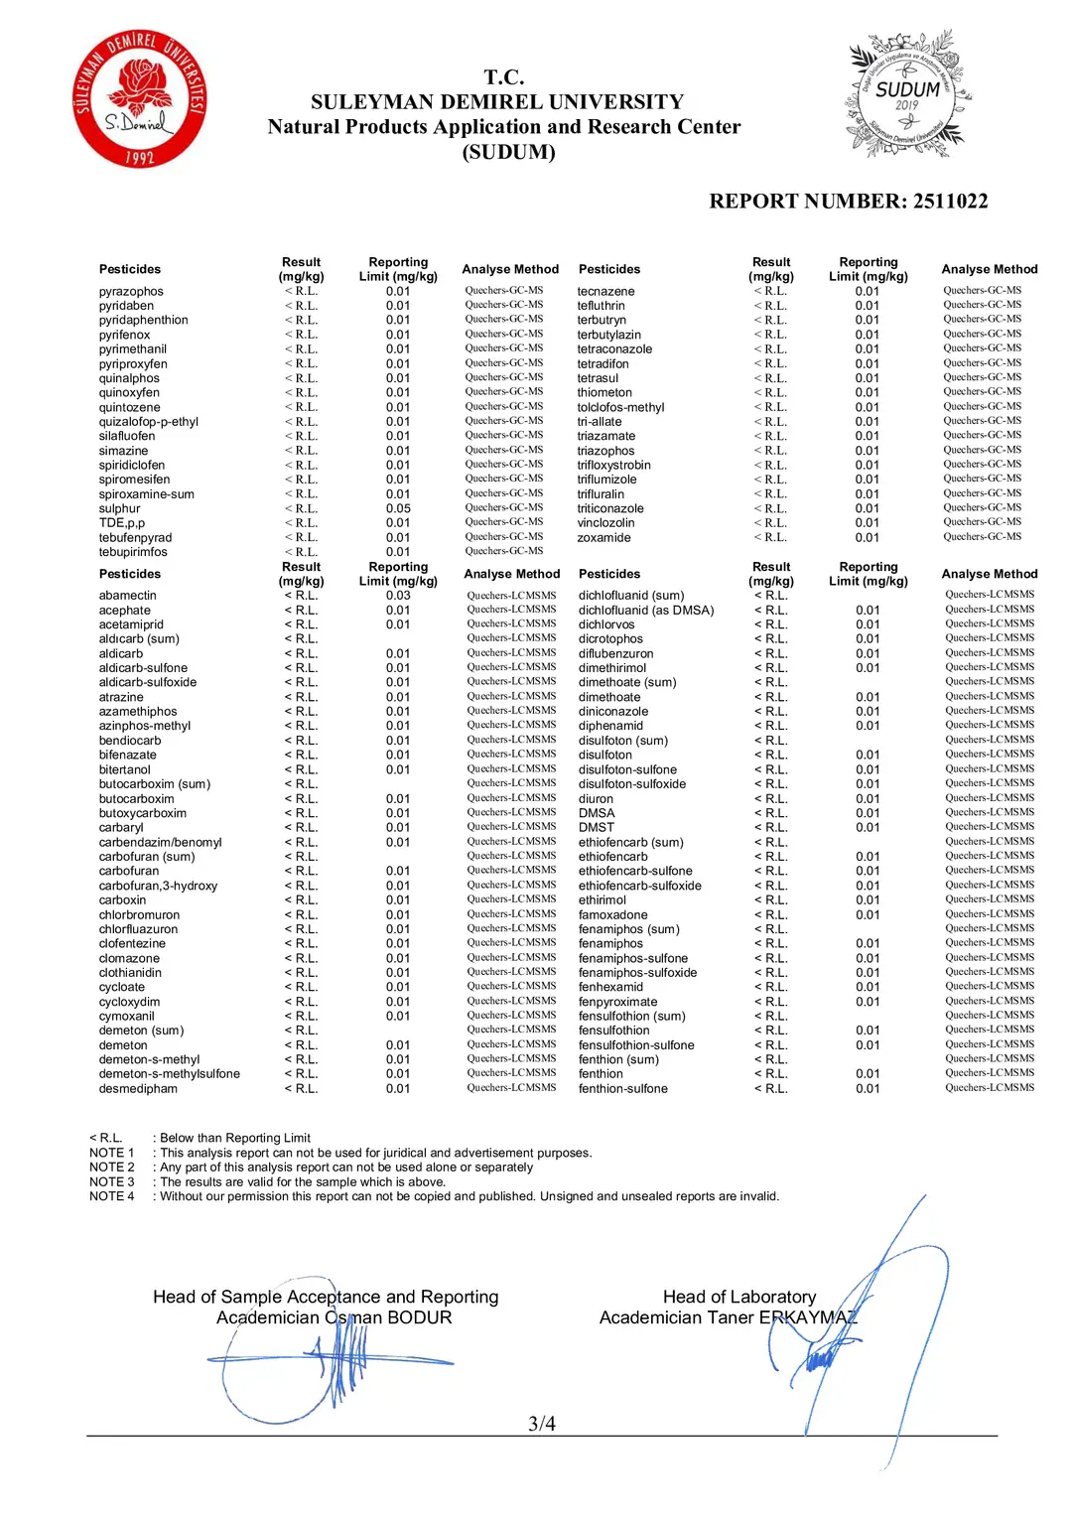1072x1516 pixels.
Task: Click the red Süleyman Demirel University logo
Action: pyautogui.click(x=140, y=98)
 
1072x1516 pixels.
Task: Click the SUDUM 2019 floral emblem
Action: pyautogui.click(x=907, y=95)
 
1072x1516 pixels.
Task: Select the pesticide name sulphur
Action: pyautogui.click(x=119, y=509)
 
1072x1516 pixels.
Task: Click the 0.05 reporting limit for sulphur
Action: pyautogui.click(x=398, y=509)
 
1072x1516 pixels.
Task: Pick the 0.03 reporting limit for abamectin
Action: pyautogui.click(x=398, y=596)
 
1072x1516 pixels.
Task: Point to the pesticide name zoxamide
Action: pyautogui.click(x=603, y=538)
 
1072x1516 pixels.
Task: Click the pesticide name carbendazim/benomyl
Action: pyautogui.click(x=160, y=843)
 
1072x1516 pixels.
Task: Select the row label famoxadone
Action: pyautogui.click(x=612, y=915)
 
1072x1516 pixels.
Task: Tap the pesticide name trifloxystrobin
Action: pyautogui.click(x=613, y=466)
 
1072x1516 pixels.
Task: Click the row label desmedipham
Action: pyautogui.click(x=138, y=1089)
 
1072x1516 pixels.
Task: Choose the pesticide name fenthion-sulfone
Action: pyautogui.click(x=622, y=1089)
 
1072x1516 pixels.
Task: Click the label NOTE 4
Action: pyautogui.click(x=111, y=1196)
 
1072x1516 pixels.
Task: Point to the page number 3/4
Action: pyautogui.click(x=542, y=1424)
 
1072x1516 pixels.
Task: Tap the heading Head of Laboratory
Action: pyautogui.click(x=739, y=1297)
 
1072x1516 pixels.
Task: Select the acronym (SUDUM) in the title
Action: pyautogui.click(x=508, y=152)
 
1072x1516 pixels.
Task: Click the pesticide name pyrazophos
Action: pyautogui.click(x=131, y=292)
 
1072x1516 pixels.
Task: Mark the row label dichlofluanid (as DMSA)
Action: pyautogui.click(x=646, y=611)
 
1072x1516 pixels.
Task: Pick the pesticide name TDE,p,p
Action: pyautogui.click(x=121, y=523)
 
